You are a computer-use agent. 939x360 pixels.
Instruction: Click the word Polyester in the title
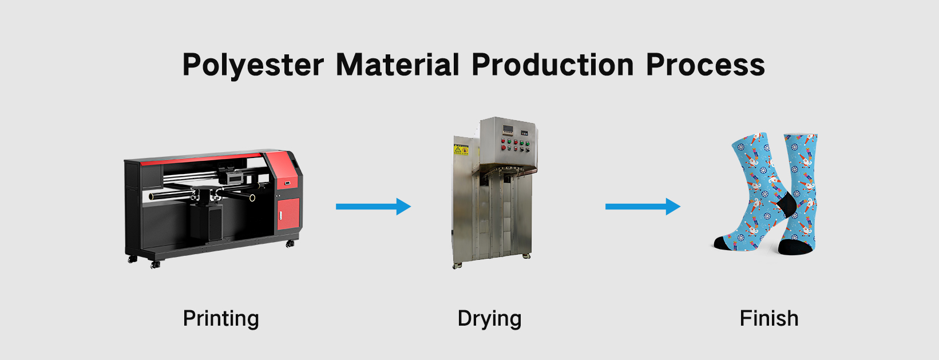tap(253, 65)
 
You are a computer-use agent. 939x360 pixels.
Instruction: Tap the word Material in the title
tap(398, 64)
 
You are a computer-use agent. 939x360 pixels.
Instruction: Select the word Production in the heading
tap(553, 64)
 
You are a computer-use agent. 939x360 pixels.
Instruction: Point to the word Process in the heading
tap(706, 64)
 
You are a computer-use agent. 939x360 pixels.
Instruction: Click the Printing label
tap(221, 319)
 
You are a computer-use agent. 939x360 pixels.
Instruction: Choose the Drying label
tap(489, 319)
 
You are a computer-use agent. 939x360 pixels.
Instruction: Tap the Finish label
tap(768, 318)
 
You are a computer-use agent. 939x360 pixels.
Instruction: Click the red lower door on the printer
tap(288, 215)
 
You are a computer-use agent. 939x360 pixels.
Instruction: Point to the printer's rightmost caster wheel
tap(290, 244)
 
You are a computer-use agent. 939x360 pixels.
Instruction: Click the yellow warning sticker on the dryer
tap(461, 150)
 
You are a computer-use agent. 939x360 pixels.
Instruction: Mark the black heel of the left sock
tap(785, 204)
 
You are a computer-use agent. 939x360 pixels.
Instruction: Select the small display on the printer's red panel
tap(287, 183)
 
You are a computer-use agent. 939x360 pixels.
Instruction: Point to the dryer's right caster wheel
tap(525, 256)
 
